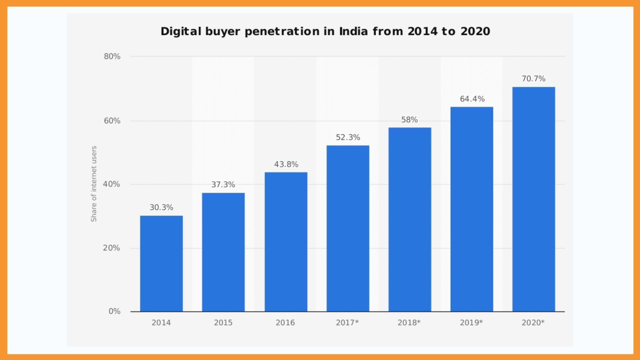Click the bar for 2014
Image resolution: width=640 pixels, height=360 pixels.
[161, 263]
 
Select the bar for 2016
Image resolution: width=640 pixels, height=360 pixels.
[286, 242]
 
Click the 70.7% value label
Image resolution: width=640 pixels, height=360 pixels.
[533, 79]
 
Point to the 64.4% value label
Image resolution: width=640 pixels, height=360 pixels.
[472, 99]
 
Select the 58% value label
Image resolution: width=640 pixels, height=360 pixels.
[409, 120]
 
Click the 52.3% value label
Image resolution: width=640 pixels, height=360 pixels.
[348, 137]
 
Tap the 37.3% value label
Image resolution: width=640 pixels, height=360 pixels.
[223, 185]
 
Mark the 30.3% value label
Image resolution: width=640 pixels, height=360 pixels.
[161, 207]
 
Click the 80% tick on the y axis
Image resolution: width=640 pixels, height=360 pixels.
[112, 56]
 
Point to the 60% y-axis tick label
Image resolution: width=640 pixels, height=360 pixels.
[112, 121]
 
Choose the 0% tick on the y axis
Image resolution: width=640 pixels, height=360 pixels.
[114, 311]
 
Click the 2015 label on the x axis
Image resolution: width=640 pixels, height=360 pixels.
[223, 323]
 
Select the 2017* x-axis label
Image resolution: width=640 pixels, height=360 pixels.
[347, 323]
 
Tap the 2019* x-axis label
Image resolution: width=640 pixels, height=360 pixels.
[471, 323]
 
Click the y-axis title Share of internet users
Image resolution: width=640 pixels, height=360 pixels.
[94, 184]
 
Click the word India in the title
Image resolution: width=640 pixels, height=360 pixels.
[353, 31]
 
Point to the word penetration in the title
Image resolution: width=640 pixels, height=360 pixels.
[282, 31]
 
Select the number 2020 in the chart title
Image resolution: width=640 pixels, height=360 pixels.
[475, 31]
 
